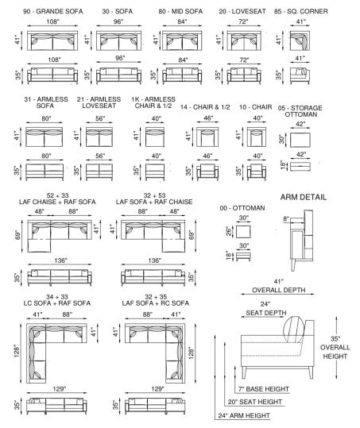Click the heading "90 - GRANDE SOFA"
tap(52, 11)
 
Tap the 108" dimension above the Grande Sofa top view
tap(52, 21)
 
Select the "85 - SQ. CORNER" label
tap(300, 11)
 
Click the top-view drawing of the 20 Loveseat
tap(244, 40)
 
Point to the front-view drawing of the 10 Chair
tap(257, 172)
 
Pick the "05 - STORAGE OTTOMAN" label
tap(300, 111)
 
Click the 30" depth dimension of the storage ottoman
tap(281, 140)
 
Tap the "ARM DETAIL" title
tap(304, 198)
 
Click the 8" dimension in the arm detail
tap(286, 218)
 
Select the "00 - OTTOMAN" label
tap(242, 208)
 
